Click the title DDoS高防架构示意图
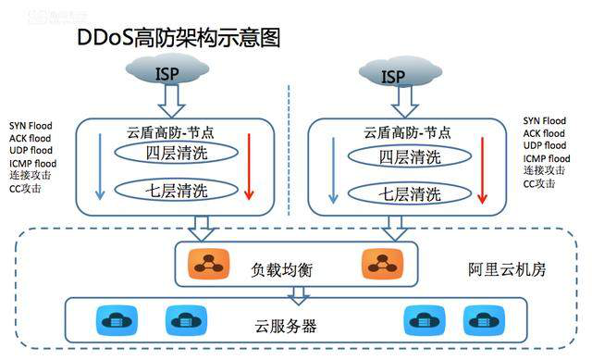pyautogui.click(x=178, y=38)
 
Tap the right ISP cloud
pyautogui.click(x=394, y=73)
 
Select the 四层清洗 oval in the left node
pyautogui.click(x=176, y=153)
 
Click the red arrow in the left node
pyautogui.click(x=249, y=167)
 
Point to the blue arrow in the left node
pyautogui.click(x=99, y=167)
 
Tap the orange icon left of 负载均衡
pyautogui.click(x=203, y=264)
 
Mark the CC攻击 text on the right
pyautogui.click(x=539, y=183)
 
